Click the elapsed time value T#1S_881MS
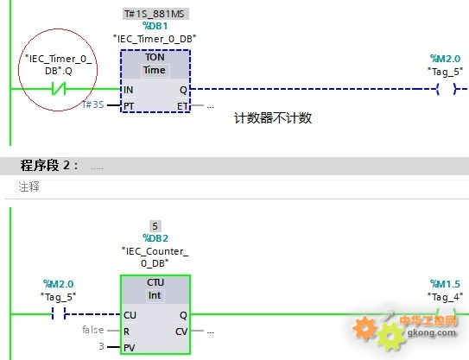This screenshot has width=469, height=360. tap(155, 14)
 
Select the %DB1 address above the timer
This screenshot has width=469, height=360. tap(155, 26)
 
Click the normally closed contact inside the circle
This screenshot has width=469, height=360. tap(59, 89)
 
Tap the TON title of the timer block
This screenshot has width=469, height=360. tap(155, 57)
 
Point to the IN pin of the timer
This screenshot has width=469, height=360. tap(129, 90)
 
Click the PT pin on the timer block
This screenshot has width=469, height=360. tap(129, 106)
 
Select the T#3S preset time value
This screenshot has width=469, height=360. tap(93, 104)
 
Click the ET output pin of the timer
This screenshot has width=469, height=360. tap(182, 106)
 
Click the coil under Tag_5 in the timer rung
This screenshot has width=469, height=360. tap(447, 89)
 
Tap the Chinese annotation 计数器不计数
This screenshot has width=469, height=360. tap(273, 118)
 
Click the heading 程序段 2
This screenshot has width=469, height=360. tap(49, 166)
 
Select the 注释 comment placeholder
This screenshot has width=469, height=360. tap(29, 186)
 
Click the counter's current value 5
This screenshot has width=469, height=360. tap(155, 226)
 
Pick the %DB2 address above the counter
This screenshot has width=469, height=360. tap(155, 238)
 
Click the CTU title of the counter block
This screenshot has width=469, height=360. tap(155, 282)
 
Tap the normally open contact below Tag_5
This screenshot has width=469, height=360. tap(59, 314)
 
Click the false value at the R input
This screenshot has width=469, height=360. tap(93, 330)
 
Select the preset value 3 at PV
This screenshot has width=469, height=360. tap(102, 346)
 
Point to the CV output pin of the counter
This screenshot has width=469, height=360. tap(181, 332)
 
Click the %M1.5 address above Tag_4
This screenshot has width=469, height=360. tap(446, 284)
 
